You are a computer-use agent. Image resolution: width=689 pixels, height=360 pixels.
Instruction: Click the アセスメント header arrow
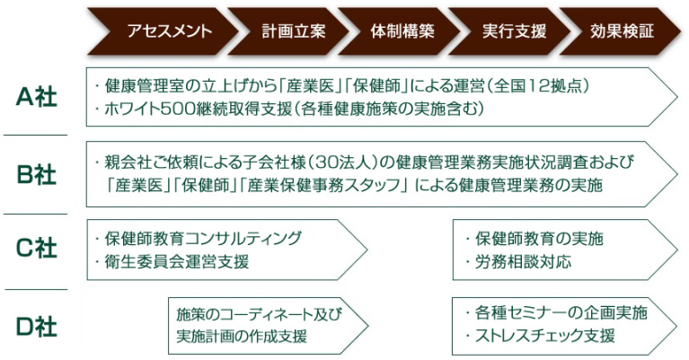tap(163, 31)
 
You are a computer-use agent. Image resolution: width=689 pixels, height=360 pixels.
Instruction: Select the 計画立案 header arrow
tap(287, 31)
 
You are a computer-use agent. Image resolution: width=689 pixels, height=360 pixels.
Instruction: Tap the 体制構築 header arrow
tap(399, 31)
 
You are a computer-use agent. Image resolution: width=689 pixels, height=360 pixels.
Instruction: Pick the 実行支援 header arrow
tap(509, 31)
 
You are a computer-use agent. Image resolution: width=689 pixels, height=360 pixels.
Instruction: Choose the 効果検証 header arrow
tap(620, 31)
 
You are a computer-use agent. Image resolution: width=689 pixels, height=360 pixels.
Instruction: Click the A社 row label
tap(37, 97)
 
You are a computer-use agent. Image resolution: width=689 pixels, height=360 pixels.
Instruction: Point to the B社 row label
tap(37, 174)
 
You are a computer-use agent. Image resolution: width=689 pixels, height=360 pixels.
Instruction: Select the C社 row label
tap(37, 249)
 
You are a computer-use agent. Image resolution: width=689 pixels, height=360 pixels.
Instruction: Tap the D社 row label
tap(37, 327)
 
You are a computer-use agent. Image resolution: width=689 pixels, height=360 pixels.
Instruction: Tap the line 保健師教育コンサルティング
tap(203, 239)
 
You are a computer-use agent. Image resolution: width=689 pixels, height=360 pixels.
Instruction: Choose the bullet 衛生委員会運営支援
tap(177, 262)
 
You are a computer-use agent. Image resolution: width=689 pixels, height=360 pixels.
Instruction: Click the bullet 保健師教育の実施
tap(539, 239)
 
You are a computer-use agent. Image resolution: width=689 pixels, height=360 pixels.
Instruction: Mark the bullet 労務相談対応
tap(523, 262)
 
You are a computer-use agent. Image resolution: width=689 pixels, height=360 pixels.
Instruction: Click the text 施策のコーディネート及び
tap(260, 314)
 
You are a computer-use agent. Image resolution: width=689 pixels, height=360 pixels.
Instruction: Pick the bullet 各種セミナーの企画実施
tap(561, 313)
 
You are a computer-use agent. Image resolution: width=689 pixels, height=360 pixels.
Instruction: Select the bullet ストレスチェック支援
tap(545, 336)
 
